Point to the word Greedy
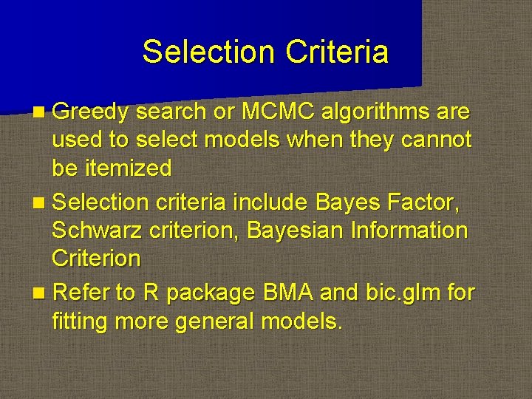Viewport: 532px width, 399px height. click(91, 112)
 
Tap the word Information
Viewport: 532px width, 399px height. click(409, 231)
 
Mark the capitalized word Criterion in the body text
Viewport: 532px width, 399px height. click(96, 259)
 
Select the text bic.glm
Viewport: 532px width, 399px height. click(396, 293)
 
